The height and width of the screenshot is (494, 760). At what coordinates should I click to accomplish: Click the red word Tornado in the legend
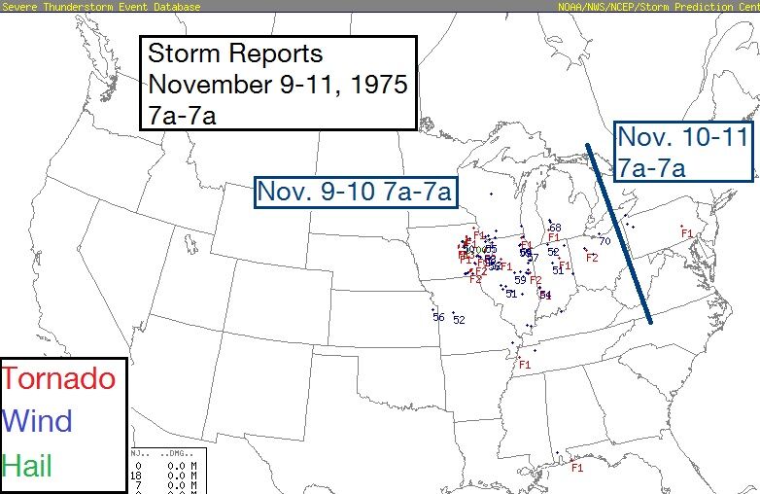[x=59, y=378]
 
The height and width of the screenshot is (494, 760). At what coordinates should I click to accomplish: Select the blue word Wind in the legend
[x=38, y=421]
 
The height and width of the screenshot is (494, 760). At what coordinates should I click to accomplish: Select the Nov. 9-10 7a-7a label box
[x=355, y=192]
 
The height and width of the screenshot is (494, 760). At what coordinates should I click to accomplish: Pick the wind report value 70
[x=604, y=241]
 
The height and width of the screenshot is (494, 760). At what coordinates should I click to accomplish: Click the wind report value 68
[x=555, y=228]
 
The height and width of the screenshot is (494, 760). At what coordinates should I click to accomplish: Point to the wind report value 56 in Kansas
[x=438, y=317]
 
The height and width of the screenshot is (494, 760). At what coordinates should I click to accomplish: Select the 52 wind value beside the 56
[x=460, y=320]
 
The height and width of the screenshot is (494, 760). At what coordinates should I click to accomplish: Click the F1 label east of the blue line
[x=686, y=233]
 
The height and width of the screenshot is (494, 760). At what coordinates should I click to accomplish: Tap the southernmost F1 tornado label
[x=576, y=468]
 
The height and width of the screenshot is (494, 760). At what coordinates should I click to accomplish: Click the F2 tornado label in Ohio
[x=591, y=258]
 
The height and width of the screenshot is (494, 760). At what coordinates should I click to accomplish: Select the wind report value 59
[x=520, y=280]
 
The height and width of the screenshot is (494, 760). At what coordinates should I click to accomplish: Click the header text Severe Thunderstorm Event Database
[x=101, y=6]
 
